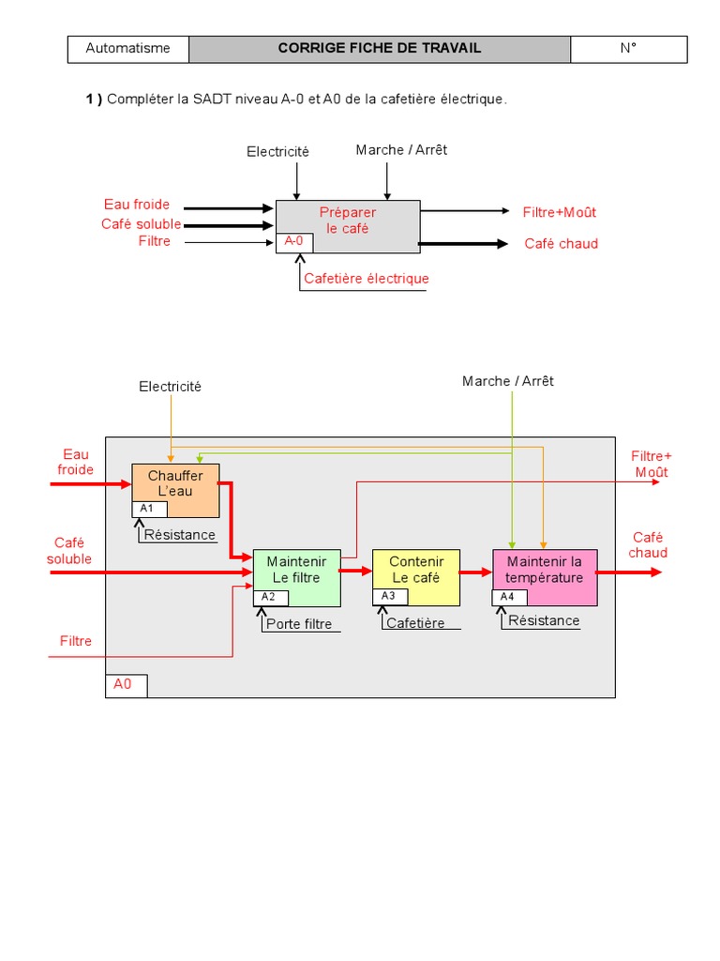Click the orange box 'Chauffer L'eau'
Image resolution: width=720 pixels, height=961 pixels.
pos(175,483)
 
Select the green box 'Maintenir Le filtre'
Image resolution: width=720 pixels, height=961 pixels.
pos(296,570)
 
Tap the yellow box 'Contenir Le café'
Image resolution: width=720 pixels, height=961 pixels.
pos(416,570)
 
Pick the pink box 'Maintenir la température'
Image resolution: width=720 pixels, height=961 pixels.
pos(544,570)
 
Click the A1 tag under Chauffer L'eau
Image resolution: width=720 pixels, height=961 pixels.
pos(148,509)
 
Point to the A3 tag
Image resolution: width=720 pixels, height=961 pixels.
pos(389,596)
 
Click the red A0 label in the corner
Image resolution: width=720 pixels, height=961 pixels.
pos(125,685)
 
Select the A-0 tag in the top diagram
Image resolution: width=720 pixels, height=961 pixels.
pos(294,242)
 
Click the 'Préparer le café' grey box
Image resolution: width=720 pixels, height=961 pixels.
pos(348,221)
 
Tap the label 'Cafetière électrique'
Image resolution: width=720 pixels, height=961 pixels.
pos(366,279)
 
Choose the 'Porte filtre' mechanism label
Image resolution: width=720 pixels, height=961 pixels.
pos(299,624)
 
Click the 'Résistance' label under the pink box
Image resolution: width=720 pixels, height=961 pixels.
pos(544,620)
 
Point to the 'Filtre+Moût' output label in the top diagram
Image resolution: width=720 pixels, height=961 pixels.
pos(560,212)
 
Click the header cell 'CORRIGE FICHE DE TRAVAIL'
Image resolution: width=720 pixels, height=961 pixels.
pos(379,49)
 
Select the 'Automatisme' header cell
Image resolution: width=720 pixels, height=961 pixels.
pos(128,49)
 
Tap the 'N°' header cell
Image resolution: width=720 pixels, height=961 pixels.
pos(628,49)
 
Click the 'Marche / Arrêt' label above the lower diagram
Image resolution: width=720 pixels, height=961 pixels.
pos(508,381)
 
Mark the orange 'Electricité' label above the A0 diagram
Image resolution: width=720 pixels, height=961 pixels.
pos(170,387)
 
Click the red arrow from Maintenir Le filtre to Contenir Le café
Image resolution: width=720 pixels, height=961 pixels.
pos(356,570)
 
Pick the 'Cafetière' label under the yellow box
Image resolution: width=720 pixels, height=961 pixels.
pos(415,623)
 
